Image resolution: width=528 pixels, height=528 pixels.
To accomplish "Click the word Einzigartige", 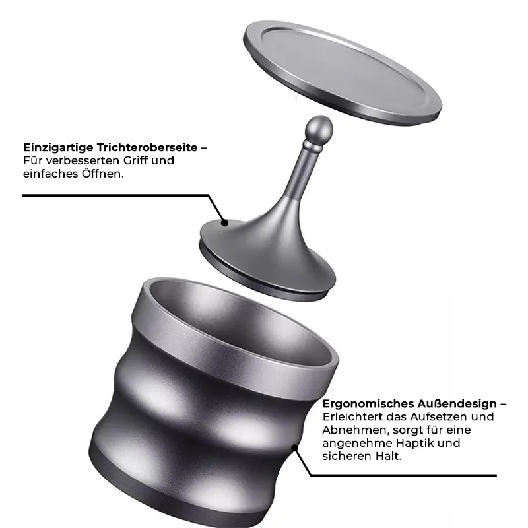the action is pyautogui.click(x=58, y=148).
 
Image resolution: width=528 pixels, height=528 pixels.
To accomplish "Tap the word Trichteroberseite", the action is pyautogui.click(x=147, y=147).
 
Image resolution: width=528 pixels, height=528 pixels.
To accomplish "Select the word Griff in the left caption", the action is pyautogui.click(x=135, y=160).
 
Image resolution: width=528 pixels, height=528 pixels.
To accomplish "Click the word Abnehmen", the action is pyautogui.click(x=354, y=430).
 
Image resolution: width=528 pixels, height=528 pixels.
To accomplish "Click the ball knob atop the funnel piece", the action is pyautogui.click(x=319, y=129).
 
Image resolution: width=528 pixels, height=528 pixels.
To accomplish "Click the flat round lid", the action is pyautogui.click(x=342, y=73).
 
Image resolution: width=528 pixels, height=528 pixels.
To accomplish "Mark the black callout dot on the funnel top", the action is pyautogui.click(x=225, y=223).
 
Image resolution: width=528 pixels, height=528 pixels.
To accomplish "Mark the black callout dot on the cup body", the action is pyautogui.click(x=294, y=448).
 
